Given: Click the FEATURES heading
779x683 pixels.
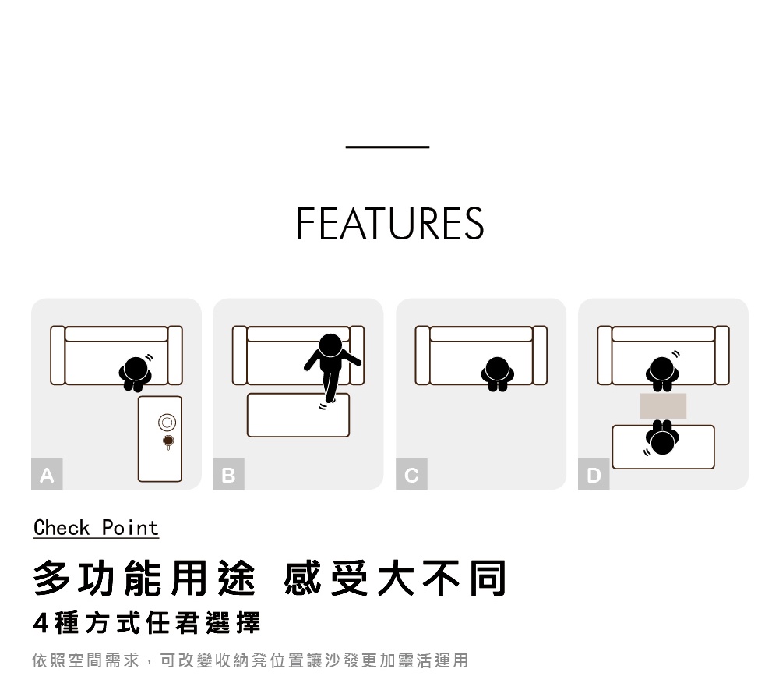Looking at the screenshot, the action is tap(390, 224).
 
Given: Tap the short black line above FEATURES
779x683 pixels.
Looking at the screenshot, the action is tap(387, 147).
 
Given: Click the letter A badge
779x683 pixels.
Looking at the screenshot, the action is tap(47, 475).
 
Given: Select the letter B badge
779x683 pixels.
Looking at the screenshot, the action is tap(228, 475).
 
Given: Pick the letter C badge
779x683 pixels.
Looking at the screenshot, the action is tap(411, 475).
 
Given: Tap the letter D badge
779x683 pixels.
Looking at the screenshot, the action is tap(594, 475).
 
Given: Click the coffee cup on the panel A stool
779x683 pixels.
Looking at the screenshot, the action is tap(168, 441).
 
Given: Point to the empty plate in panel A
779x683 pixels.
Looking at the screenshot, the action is tap(167, 423).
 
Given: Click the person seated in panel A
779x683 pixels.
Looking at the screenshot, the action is tap(135, 373).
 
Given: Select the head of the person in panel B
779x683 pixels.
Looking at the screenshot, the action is tap(330, 345).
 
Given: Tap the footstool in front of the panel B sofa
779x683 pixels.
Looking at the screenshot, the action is tap(298, 415).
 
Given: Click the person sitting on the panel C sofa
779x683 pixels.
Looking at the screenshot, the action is tap(497, 373).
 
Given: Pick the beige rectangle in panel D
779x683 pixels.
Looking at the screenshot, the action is tap(663, 405).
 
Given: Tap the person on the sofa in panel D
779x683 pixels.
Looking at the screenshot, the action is tap(662, 373).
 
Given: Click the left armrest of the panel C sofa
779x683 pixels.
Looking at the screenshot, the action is tap(423, 356).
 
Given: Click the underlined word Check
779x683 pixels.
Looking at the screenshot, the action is tap(62, 527).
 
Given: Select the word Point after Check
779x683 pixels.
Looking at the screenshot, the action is tap(130, 527).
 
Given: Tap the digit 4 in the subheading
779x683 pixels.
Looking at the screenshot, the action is tap(41, 623).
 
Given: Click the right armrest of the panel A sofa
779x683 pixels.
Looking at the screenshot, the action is tap(174, 356).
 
